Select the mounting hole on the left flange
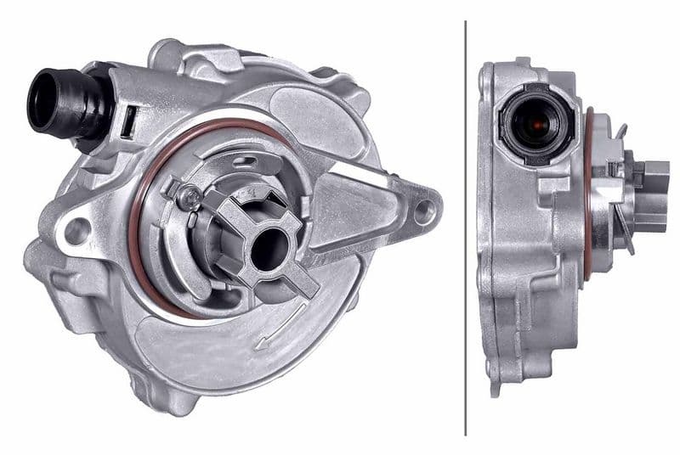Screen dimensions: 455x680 pyautogui.click(x=77, y=230)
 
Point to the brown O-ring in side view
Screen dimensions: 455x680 pyautogui.click(x=587, y=195)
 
